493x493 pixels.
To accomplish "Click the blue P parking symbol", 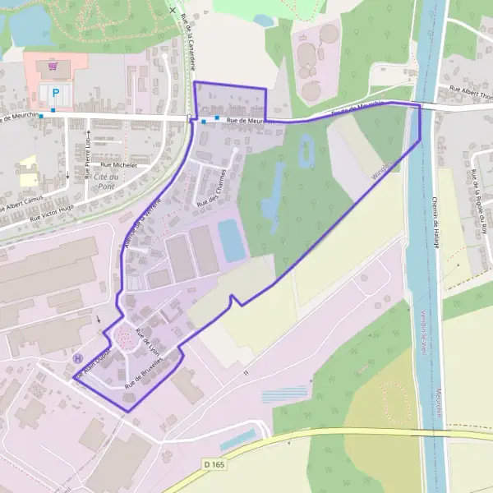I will (x=56, y=93).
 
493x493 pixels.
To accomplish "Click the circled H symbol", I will (x=77, y=358).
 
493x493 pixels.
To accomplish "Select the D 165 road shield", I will (x=214, y=464).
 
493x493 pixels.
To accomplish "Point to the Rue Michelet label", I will (x=118, y=164).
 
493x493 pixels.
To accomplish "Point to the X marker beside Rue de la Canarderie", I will (x=171, y=11).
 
